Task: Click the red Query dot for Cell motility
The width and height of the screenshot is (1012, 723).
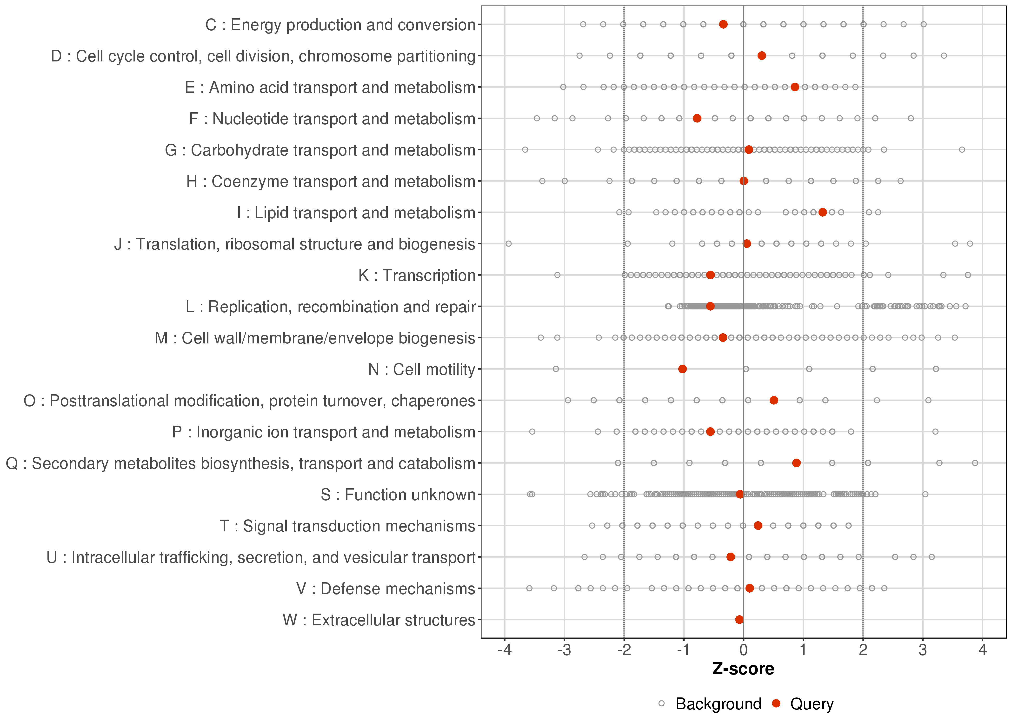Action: click(x=682, y=369)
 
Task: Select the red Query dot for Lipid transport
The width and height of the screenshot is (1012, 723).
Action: click(x=822, y=212)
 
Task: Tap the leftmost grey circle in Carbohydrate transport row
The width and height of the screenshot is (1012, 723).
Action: click(x=525, y=150)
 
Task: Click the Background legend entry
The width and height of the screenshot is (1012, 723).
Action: click(x=718, y=704)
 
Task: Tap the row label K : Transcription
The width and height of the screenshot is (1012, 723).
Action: click(x=417, y=275)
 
